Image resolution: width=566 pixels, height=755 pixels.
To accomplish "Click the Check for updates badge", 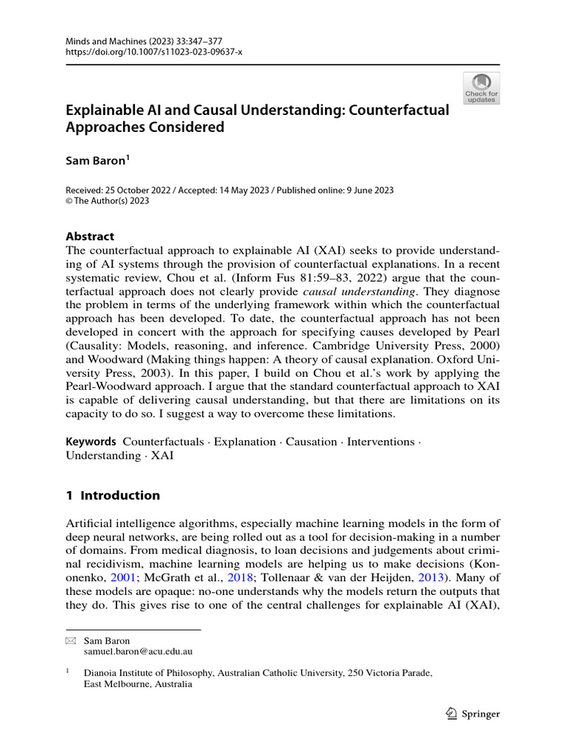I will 481,87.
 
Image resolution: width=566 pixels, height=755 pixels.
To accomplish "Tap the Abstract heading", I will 90,236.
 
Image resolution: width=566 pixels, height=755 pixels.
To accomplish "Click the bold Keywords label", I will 91,441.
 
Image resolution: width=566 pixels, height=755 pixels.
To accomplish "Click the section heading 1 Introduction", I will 113,495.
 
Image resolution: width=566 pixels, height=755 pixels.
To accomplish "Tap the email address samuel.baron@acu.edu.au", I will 138,652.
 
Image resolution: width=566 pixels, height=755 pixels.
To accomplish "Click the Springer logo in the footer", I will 473,713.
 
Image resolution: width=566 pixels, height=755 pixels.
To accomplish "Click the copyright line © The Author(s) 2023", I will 108,201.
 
